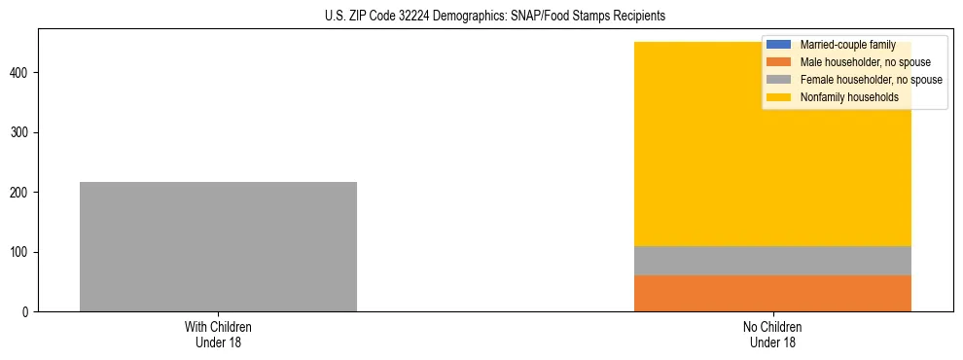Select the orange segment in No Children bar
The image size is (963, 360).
[x=772, y=293]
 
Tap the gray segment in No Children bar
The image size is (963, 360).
[x=772, y=261]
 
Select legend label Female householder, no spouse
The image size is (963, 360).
[x=871, y=80]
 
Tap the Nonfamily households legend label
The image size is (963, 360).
[x=848, y=97]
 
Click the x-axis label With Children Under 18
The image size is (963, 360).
[x=218, y=335]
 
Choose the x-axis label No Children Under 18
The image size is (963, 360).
[x=772, y=335]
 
